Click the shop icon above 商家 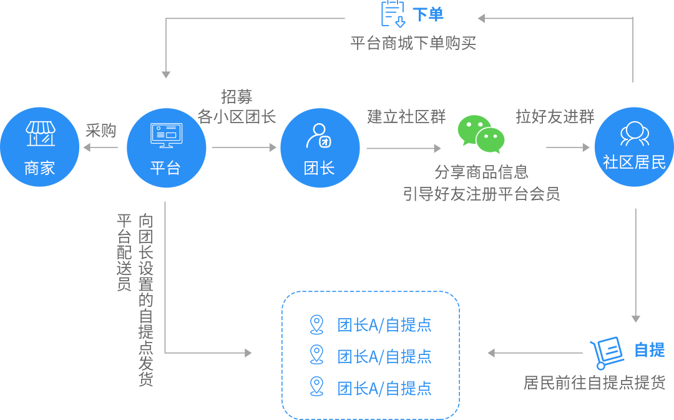click(x=41, y=134)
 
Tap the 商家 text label click(x=40, y=168)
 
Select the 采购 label click(x=101, y=130)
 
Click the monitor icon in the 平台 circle click(x=166, y=135)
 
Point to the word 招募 click(x=237, y=97)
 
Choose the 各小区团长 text click(x=237, y=116)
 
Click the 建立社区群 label click(x=406, y=116)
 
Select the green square click(x=481, y=134)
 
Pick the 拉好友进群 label click(x=555, y=116)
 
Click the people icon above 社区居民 click(x=634, y=133)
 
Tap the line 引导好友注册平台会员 click(x=481, y=193)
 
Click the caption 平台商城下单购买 click(x=413, y=43)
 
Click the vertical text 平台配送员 click(x=124, y=252)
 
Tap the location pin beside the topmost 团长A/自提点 click(x=317, y=325)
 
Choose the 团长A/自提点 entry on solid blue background click(x=384, y=389)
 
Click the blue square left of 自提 click(x=607, y=353)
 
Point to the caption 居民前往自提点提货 click(x=594, y=382)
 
